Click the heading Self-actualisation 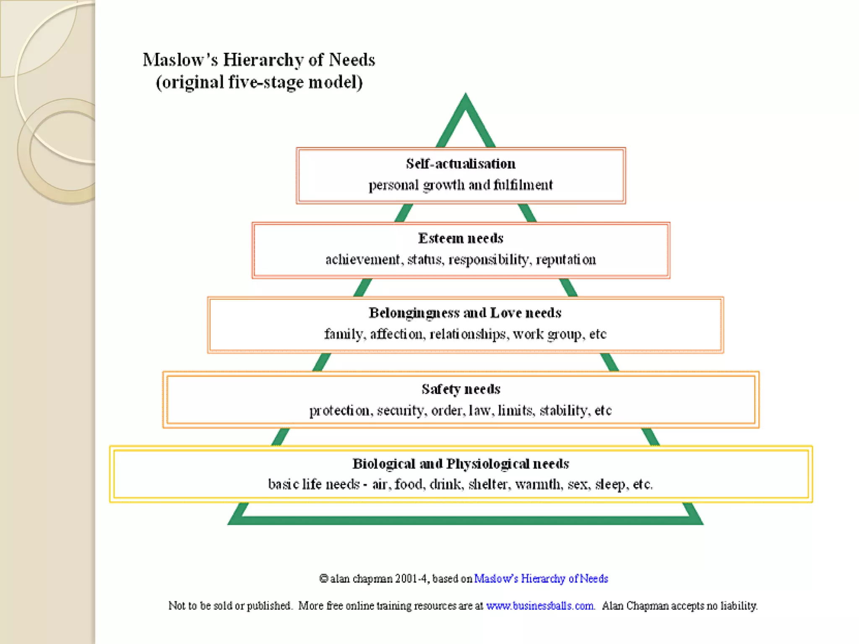click(x=461, y=164)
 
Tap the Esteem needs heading click(x=461, y=238)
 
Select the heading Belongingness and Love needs click(x=465, y=313)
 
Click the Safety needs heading click(x=461, y=389)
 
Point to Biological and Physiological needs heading click(x=461, y=464)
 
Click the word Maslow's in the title click(x=180, y=60)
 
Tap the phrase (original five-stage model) click(x=259, y=82)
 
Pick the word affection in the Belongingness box click(x=396, y=334)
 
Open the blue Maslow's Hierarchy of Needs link click(x=541, y=579)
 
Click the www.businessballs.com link click(x=540, y=606)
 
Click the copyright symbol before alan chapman click(x=323, y=579)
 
